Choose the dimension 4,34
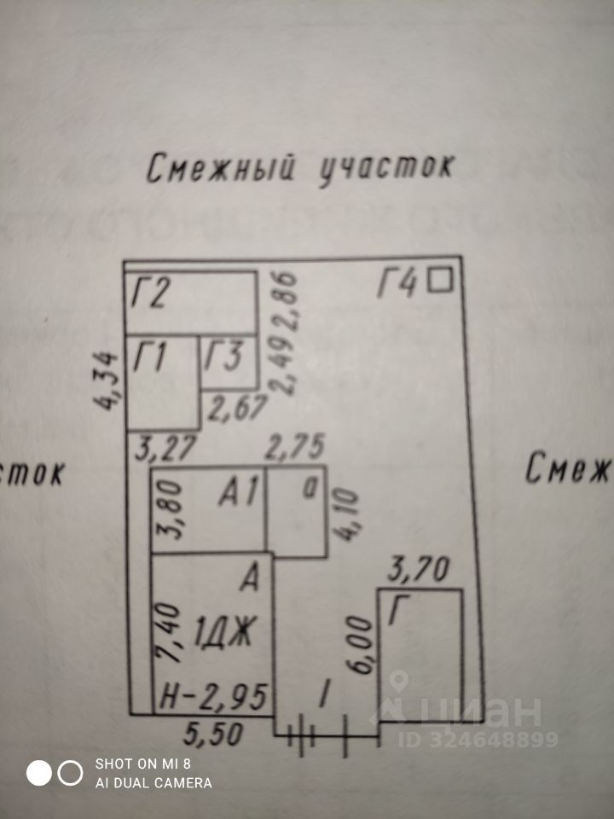[x=110, y=380]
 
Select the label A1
[x=238, y=492]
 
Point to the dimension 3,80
[x=166, y=508]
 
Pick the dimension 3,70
[x=420, y=567]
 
